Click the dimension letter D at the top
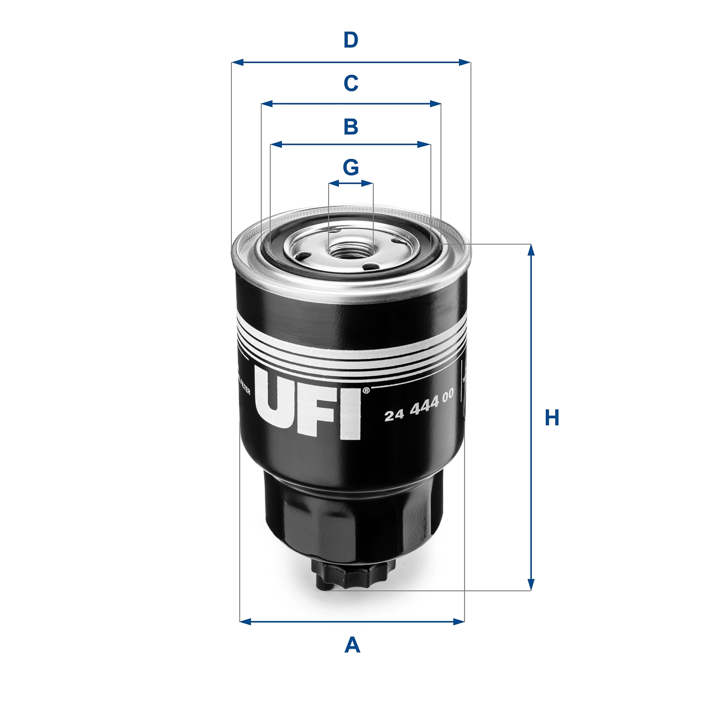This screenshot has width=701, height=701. coord(350,41)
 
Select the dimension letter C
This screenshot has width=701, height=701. coord(350,84)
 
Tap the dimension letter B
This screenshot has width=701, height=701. coord(350,127)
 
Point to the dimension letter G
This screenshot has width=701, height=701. coord(350,167)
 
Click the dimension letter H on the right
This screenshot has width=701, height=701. coord(552,417)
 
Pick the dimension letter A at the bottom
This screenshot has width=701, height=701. coord(352,645)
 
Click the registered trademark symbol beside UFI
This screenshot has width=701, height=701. coord(366,390)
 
